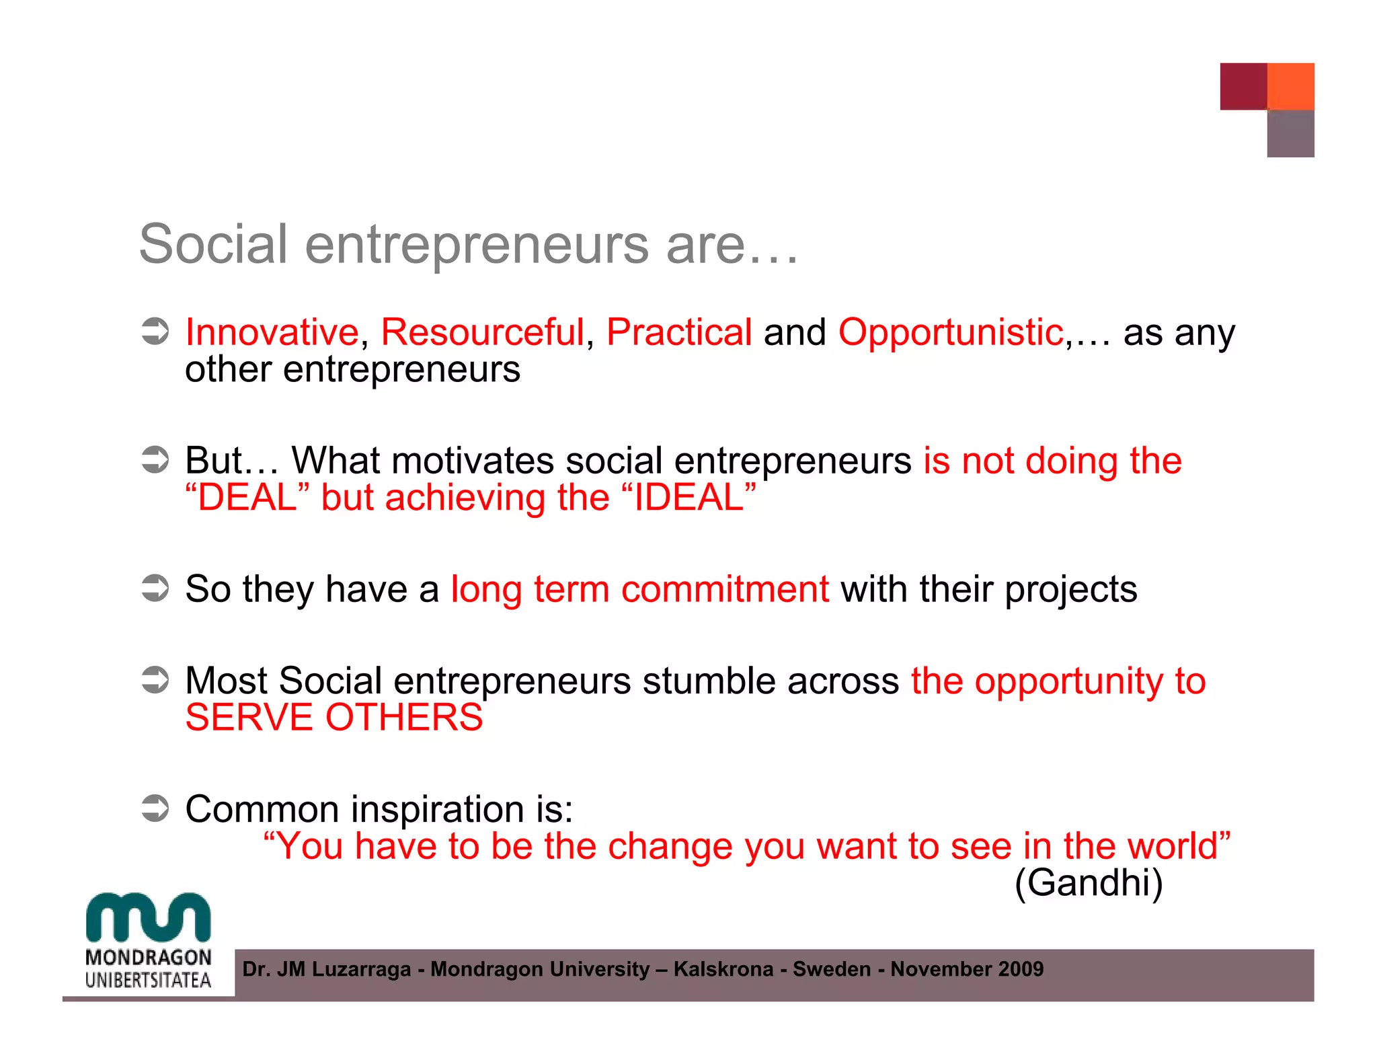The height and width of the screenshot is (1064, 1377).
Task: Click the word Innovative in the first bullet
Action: coord(272,332)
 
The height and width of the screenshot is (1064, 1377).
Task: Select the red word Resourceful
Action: coord(482,332)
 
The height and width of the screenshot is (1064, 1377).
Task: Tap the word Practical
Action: coord(678,332)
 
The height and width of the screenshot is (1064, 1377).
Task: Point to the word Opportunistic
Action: coord(951,332)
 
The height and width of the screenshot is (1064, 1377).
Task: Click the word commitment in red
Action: coord(725,589)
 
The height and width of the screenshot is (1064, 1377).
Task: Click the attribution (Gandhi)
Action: coord(1089,882)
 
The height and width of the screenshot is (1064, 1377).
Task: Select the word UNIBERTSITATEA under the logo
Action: coord(148,980)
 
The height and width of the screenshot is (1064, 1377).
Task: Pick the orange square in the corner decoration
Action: coord(1290,86)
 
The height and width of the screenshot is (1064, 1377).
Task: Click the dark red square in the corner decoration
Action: coord(1243,86)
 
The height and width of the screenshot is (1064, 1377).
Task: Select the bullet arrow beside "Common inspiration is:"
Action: coord(155,808)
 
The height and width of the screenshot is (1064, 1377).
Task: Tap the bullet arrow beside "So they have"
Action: coord(155,588)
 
